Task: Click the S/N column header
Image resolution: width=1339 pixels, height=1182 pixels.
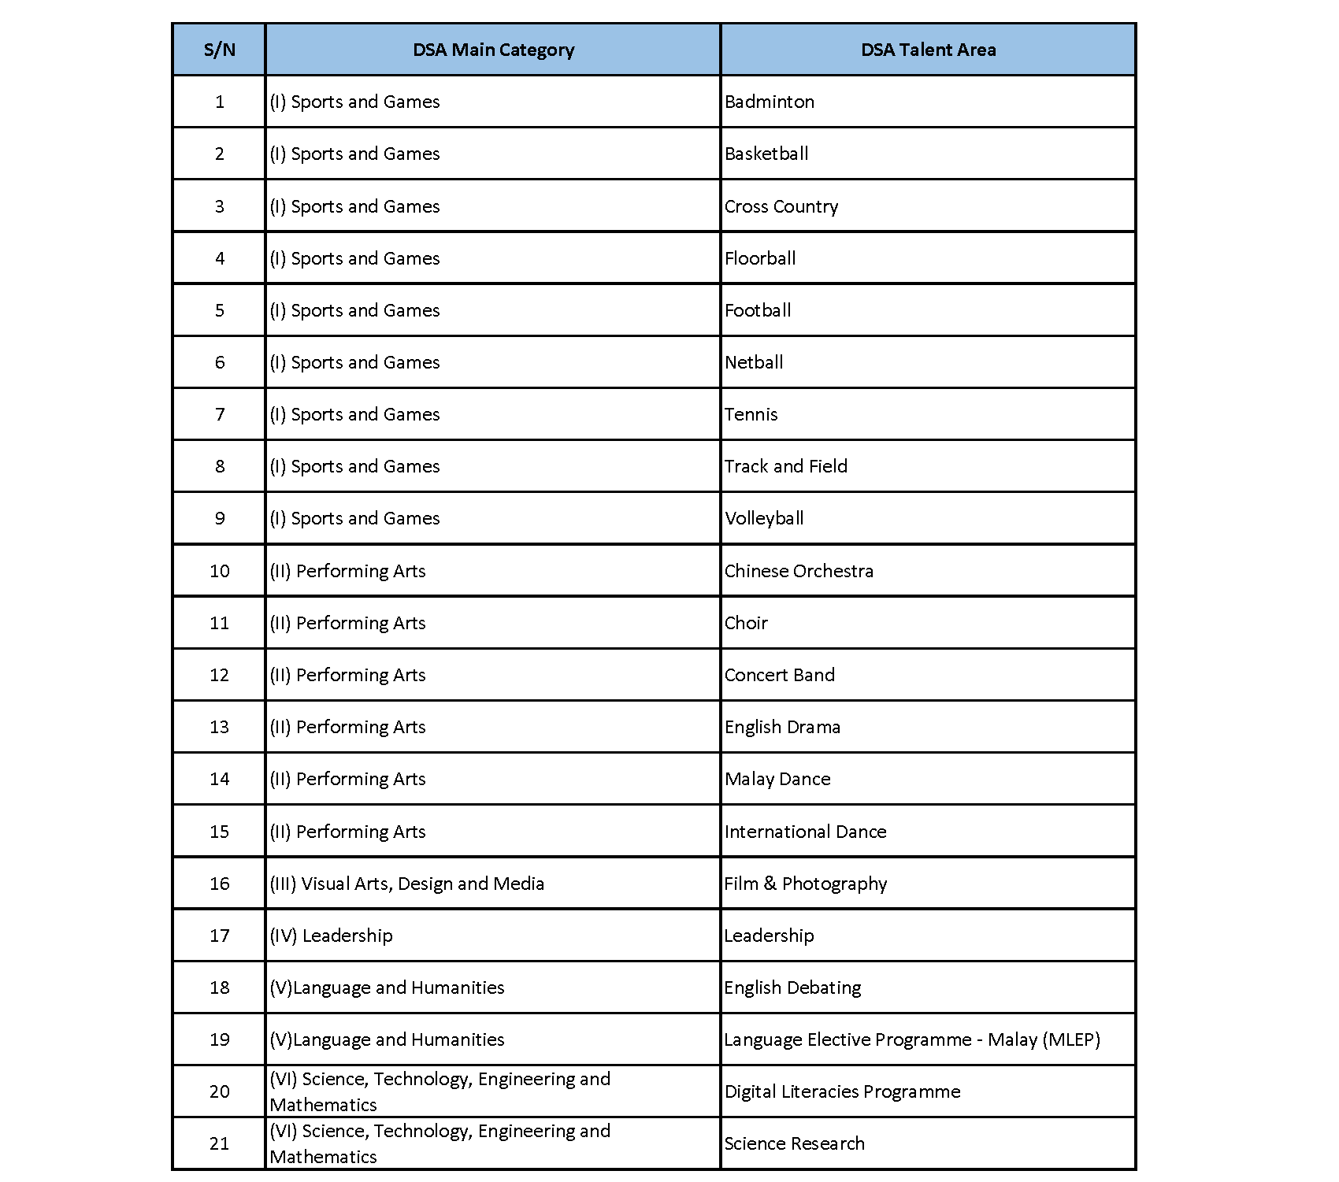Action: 219,50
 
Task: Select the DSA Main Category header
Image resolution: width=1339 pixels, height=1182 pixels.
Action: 493,50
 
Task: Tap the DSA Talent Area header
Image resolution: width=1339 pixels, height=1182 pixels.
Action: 928,50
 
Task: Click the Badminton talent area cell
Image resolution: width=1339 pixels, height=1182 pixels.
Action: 770,102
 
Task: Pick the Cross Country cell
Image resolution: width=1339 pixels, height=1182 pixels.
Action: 781,206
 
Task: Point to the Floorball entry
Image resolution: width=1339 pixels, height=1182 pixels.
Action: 760,258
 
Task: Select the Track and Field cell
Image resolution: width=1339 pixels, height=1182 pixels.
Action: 786,466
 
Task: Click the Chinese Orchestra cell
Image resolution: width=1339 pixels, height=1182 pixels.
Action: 799,571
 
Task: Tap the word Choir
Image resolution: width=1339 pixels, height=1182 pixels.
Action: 746,623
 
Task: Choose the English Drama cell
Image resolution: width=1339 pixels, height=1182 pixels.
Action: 782,727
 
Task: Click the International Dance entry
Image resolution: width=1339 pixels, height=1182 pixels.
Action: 805,832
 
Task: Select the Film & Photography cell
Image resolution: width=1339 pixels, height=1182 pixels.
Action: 806,884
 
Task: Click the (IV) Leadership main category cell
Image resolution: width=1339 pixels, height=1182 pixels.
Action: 331,936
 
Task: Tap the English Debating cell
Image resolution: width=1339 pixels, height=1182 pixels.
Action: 792,987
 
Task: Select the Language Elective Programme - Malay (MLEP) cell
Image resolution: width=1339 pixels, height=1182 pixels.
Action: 912,1039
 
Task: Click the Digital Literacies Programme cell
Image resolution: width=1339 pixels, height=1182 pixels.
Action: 842,1091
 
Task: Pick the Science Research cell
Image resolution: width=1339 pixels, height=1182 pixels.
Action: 794,1143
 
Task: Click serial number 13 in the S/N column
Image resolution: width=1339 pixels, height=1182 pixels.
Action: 219,727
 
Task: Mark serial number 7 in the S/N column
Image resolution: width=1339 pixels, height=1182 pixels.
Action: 219,414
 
